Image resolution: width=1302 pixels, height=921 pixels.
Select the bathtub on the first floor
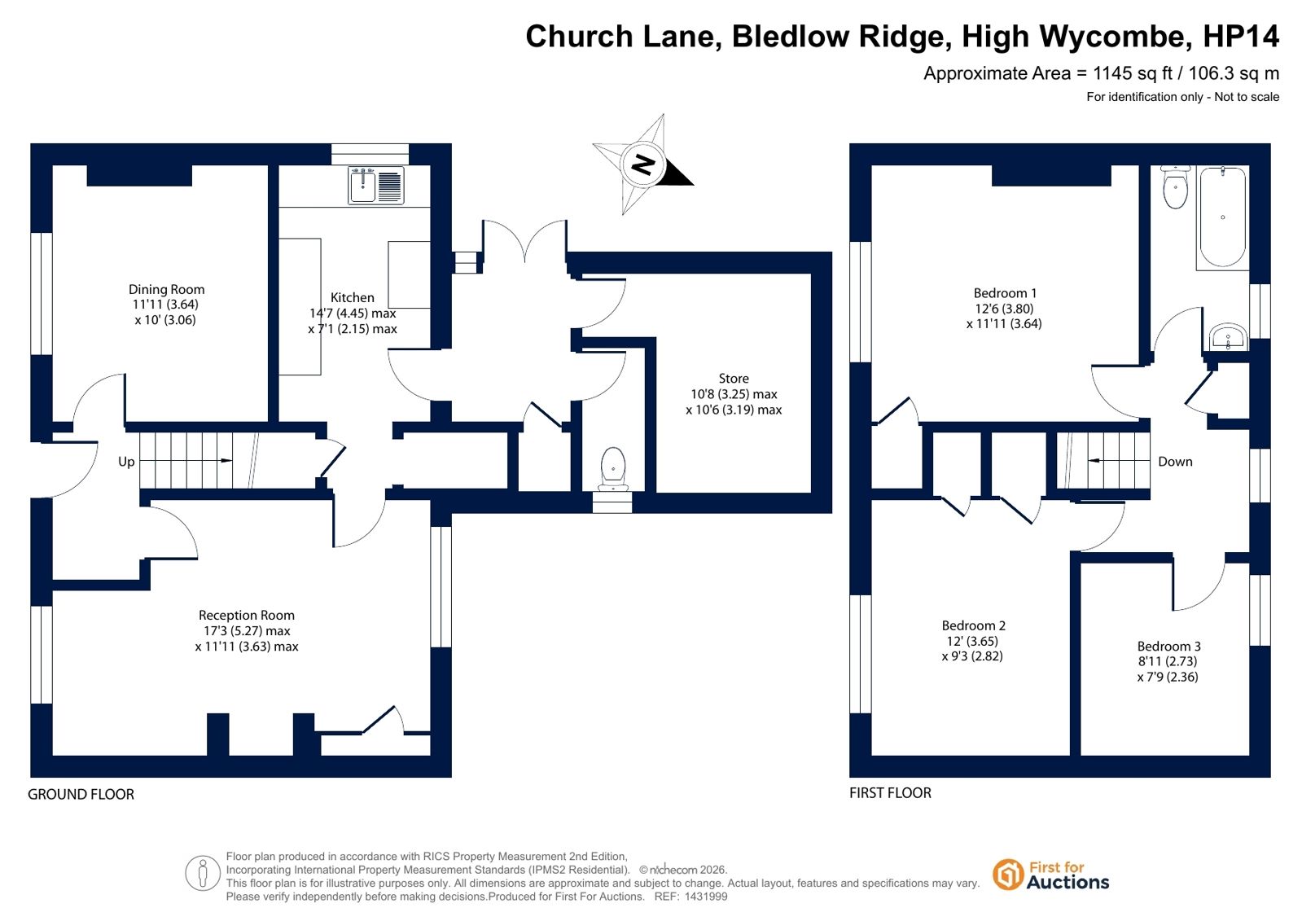pos(1222,217)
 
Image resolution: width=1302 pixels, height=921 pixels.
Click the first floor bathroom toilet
pos(1175,188)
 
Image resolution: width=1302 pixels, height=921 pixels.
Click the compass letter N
pos(643,164)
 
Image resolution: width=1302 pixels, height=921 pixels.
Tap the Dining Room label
pos(166,289)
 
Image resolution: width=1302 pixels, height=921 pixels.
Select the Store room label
pos(734,379)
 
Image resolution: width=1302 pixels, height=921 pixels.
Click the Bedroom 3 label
pos(1168,646)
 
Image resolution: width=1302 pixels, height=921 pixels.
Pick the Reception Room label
pos(247,616)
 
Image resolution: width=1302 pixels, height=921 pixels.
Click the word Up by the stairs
pos(126,462)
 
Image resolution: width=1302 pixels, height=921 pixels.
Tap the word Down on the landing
pos(1175,462)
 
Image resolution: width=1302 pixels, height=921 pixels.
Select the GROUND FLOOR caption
pos(81,794)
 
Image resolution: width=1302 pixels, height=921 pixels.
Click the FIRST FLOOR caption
pos(890,792)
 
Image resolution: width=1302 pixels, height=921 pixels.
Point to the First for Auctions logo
pos(1050,875)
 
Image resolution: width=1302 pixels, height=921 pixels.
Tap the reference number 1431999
pos(705,897)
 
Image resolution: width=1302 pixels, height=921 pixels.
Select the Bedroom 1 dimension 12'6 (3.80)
pos(1004,309)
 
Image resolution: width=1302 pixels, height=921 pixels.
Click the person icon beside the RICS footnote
pos(202,873)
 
